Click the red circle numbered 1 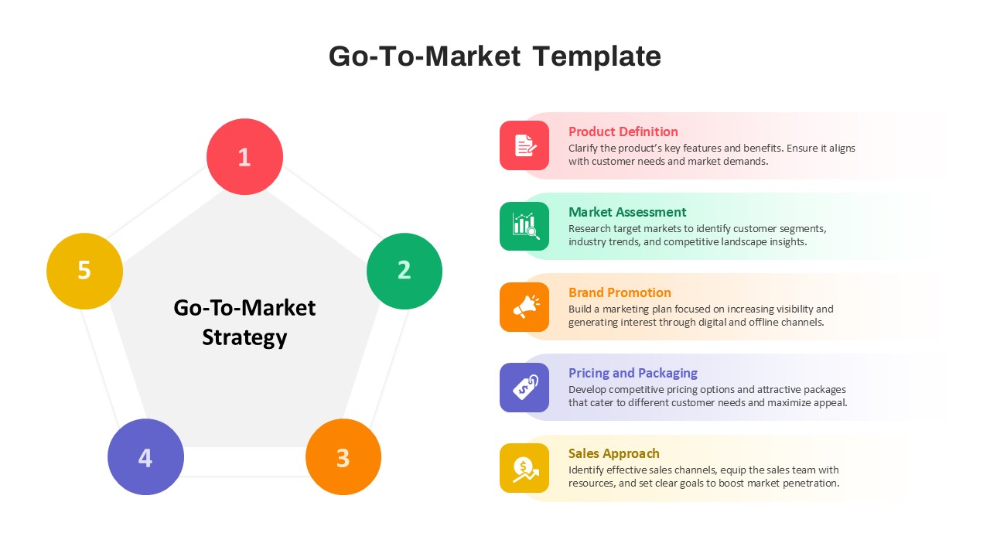coord(244,156)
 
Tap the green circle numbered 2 coord(405,271)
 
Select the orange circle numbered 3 coord(343,456)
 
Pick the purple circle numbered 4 coord(146,456)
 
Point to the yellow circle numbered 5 coord(84,271)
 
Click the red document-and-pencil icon coord(524,145)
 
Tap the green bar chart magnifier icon coord(524,226)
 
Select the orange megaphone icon coord(524,307)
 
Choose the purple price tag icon coord(524,388)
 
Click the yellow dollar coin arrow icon coord(524,468)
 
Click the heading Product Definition coord(623,132)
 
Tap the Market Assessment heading coord(627,212)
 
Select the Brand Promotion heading coord(620,292)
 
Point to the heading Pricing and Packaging coord(633,374)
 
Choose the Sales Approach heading coord(613,454)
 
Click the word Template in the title coord(596,56)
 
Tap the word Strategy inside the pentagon coord(244,338)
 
